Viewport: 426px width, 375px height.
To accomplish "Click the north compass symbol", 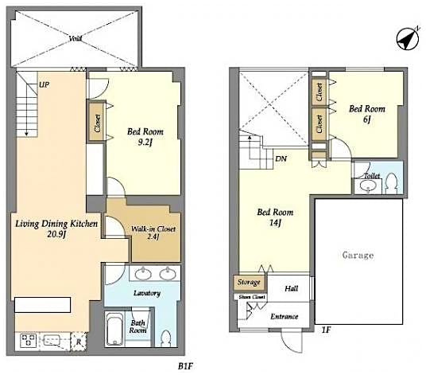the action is [x=408, y=39].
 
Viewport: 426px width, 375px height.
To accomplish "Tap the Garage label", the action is [x=358, y=255].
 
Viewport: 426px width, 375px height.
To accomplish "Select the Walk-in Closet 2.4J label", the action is [x=153, y=232].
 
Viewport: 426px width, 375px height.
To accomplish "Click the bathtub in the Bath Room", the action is [x=114, y=329].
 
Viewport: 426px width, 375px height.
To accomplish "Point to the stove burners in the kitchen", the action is [x=28, y=340].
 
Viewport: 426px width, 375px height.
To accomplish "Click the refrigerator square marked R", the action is [x=79, y=342].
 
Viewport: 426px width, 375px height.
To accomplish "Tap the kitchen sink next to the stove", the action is [x=52, y=340].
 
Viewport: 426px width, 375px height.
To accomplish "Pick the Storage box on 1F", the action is [x=249, y=282].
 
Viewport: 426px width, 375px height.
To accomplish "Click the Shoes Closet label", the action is [x=252, y=297].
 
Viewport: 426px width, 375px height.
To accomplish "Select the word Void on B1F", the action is [x=75, y=38].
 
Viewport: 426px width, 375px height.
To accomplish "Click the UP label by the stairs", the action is [x=44, y=84].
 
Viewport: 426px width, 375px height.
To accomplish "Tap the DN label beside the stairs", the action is [x=281, y=158].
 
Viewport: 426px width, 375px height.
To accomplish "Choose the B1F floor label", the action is [x=185, y=366].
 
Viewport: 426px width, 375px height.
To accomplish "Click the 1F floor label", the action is [x=326, y=330].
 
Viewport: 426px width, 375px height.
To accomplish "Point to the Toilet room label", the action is [x=372, y=176].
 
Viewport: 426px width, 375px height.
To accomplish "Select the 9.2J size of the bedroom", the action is [x=145, y=142].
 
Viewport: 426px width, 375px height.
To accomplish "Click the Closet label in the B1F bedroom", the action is [x=97, y=123].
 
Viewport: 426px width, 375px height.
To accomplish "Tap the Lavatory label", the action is [x=147, y=293].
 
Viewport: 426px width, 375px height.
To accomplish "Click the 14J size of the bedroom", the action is [x=275, y=223].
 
